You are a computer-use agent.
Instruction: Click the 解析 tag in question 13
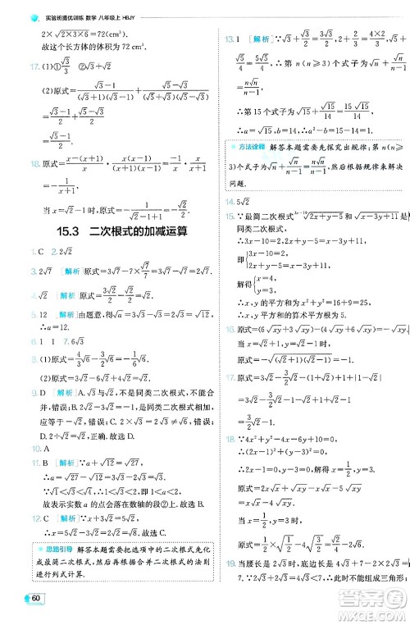coord(263,39)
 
